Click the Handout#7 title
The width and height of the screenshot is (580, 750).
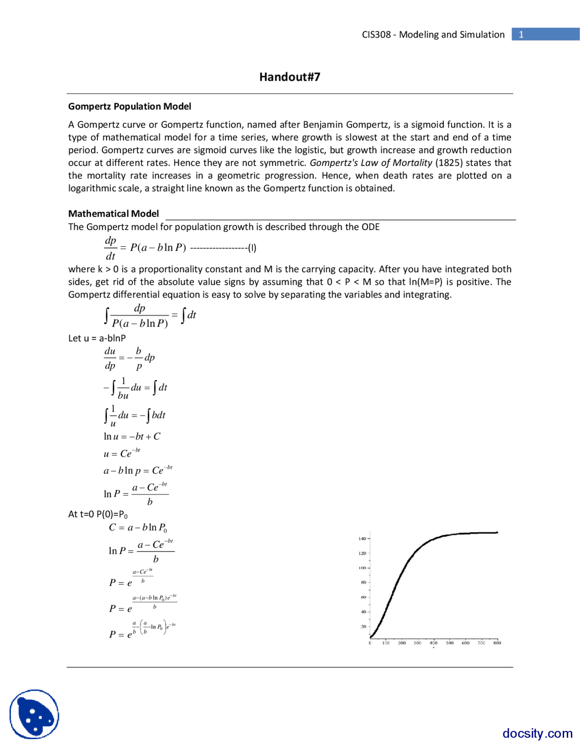(290, 77)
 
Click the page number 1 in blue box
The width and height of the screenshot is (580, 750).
(521, 34)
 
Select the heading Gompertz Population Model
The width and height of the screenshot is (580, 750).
(130, 106)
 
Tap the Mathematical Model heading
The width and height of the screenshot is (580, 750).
(113, 214)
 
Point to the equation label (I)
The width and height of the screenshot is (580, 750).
(252, 248)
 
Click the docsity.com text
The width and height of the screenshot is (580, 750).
(537, 733)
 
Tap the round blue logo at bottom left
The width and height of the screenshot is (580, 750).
(34, 714)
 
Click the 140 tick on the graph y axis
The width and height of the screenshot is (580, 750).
(362, 538)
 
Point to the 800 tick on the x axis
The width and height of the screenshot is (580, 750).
(497, 643)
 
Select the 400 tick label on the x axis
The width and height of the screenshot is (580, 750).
(434, 643)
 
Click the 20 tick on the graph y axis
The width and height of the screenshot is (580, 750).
(363, 627)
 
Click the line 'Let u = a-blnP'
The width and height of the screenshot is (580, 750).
(97, 338)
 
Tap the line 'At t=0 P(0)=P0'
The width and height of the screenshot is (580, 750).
(98, 514)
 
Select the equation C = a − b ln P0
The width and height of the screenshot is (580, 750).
(138, 528)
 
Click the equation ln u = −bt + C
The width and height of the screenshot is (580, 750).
(132, 437)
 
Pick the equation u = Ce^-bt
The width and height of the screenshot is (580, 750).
(122, 453)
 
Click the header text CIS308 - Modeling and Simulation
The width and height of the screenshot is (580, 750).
(433, 34)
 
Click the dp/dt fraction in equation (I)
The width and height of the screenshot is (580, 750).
(111, 248)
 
